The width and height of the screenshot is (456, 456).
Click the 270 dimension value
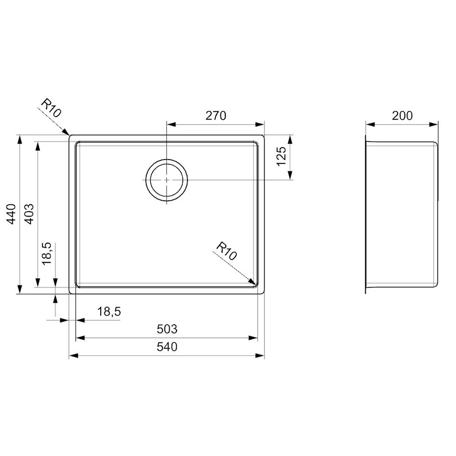[x=216, y=116]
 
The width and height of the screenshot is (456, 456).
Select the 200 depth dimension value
[x=402, y=116]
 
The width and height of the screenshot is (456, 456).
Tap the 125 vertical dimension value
[x=281, y=156]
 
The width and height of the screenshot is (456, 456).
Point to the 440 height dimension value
[x=13, y=214]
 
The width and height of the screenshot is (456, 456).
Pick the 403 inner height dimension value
[x=30, y=214]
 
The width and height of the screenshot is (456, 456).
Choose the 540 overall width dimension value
[x=167, y=347]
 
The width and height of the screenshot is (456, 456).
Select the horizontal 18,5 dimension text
[x=109, y=311]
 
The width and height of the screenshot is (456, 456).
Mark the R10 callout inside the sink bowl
[x=226, y=251]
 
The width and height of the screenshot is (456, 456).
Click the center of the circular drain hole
[x=167, y=180]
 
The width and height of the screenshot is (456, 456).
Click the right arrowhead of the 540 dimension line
[x=261, y=356]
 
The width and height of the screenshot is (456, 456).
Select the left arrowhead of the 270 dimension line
[x=170, y=124]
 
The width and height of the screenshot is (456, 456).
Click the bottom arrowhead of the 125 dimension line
[x=290, y=176]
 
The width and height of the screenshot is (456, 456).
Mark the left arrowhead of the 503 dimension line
[x=79, y=338]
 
